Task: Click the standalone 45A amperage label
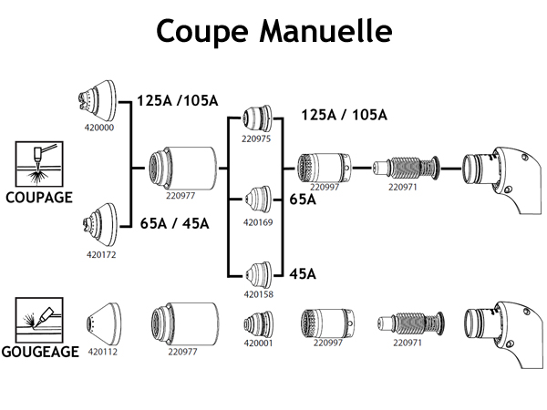pos(303,273)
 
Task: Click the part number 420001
pos(258,343)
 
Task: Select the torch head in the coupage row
pos(496,172)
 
